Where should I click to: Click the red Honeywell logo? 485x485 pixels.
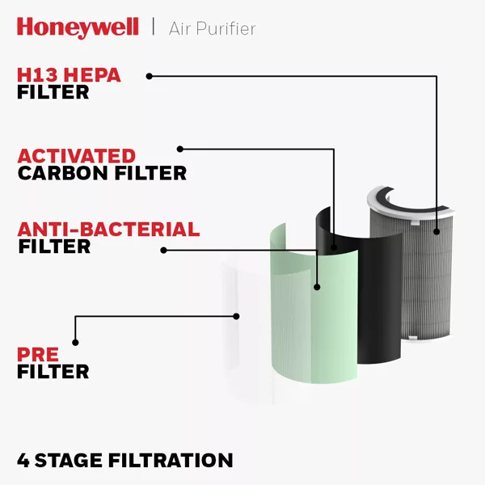pyautogui.click(x=78, y=28)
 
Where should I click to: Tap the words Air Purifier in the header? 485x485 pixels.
pyautogui.click(x=212, y=29)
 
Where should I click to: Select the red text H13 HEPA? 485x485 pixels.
pyautogui.click(x=69, y=75)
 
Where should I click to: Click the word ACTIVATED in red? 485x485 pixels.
pyautogui.click(x=77, y=156)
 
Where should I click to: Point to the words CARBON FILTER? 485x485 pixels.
pyautogui.click(x=102, y=173)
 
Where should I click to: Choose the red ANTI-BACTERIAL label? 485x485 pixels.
pyautogui.click(x=108, y=230)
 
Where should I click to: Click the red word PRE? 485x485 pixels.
pyautogui.click(x=38, y=355)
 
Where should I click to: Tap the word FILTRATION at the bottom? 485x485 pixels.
pyautogui.click(x=171, y=460)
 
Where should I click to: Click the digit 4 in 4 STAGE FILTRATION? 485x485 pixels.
pyautogui.click(x=23, y=460)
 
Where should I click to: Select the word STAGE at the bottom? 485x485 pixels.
pyautogui.click(x=69, y=460)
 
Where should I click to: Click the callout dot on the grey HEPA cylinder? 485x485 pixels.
pyautogui.click(x=436, y=231)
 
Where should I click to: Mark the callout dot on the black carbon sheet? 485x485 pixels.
pyautogui.click(x=334, y=247)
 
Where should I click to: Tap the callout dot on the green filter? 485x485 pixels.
pyautogui.click(x=317, y=287)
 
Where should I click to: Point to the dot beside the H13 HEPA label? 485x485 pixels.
pyautogui.click(x=149, y=76)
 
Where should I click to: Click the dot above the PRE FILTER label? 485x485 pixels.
pyautogui.click(x=75, y=343)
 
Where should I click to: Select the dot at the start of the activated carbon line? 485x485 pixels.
pyautogui.click(x=180, y=149)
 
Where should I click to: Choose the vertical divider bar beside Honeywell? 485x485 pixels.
pyautogui.click(x=153, y=27)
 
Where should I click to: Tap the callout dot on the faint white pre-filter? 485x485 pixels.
pyautogui.click(x=236, y=316)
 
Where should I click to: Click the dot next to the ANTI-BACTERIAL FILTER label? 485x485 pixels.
pyautogui.click(x=163, y=251)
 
